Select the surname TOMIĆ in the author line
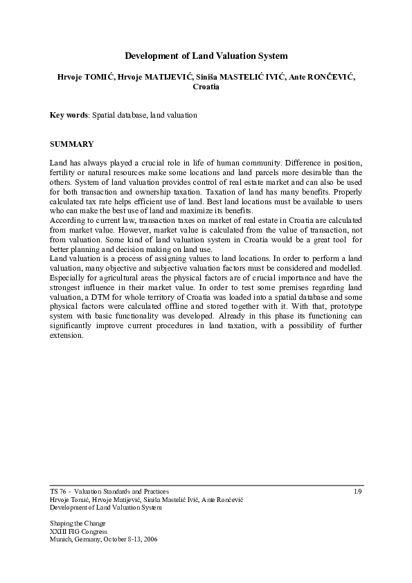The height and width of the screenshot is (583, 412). [96, 77]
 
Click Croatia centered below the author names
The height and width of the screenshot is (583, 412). [206, 87]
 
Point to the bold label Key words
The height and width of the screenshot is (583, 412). [69, 115]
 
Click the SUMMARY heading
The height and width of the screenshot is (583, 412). [71, 144]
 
